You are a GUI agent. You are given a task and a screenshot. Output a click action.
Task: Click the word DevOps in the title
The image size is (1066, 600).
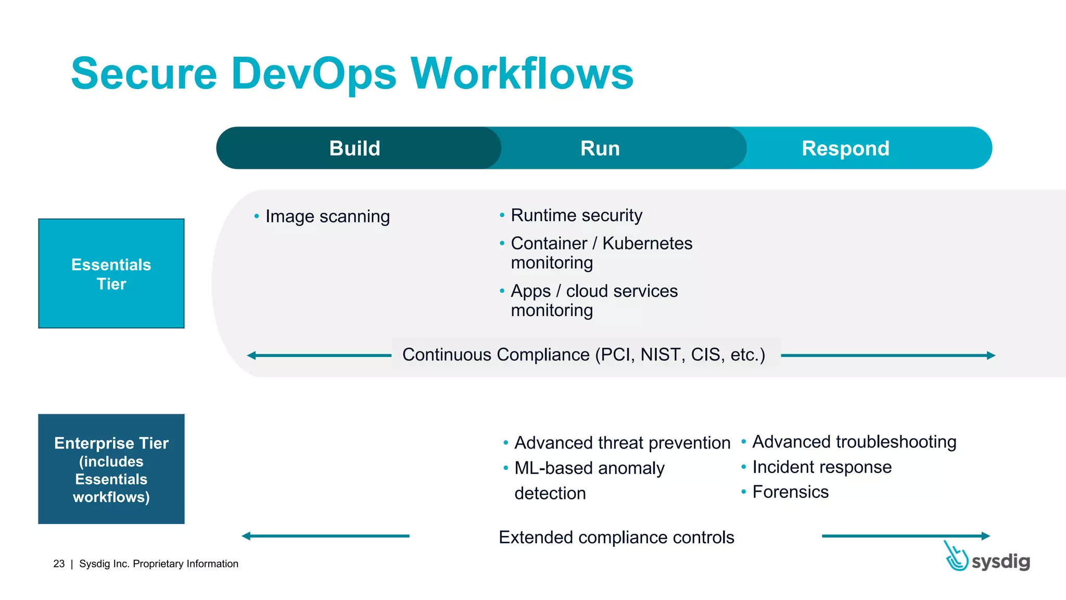pos(314,74)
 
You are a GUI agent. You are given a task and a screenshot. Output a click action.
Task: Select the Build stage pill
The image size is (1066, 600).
pos(355,148)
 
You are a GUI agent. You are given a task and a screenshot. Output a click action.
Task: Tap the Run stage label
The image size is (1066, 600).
pos(600,148)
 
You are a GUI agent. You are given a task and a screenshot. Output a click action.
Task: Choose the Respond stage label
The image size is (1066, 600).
pos(845,148)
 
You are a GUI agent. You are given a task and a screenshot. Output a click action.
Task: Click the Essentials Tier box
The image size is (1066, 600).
pos(111,273)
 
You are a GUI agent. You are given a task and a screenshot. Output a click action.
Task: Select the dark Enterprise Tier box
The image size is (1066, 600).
pos(111,469)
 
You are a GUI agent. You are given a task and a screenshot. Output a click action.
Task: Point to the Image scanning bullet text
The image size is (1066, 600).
pos(327,216)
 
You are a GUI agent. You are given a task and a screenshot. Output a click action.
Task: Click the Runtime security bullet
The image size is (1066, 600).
pos(576,215)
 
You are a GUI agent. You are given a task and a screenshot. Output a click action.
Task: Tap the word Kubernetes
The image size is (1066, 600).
pos(647,243)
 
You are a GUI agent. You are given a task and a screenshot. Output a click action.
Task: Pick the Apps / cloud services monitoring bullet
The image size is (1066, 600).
pos(593,300)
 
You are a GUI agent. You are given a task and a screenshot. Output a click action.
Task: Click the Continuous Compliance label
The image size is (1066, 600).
pos(583,355)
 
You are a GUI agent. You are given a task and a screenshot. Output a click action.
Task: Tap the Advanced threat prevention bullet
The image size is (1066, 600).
pos(622,443)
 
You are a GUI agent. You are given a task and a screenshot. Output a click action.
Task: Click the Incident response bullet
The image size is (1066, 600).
pos(821,467)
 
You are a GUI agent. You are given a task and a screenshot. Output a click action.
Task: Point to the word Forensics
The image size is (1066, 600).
pos(790,492)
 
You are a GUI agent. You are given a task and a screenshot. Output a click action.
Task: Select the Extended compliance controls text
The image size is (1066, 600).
pos(616,537)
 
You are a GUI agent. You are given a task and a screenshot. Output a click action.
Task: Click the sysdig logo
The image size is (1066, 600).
pos(988,558)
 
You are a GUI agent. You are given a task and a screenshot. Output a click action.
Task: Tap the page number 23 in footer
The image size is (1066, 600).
pos(59,564)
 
